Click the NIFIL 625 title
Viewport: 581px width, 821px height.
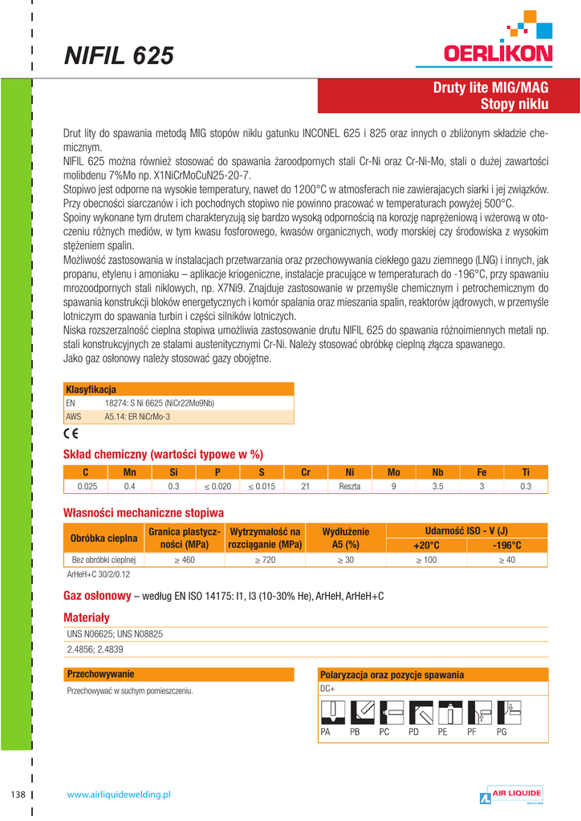coord(119,56)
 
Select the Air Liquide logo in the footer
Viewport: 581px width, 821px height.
coord(511,795)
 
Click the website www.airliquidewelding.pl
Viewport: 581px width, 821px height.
coord(120,795)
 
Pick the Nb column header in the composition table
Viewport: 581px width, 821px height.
coord(437,472)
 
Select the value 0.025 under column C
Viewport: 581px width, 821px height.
coord(87,487)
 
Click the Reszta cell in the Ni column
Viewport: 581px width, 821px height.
coord(350,487)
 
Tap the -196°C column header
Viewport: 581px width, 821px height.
coord(506,545)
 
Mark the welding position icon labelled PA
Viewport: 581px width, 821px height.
coord(331,711)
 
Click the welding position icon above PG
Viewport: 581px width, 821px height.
coord(508,711)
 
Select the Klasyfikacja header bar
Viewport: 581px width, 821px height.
coord(178,389)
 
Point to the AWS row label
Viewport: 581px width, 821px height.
coord(72,417)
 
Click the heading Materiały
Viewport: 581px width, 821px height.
coord(86,617)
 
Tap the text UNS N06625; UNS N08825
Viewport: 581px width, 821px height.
coord(116,633)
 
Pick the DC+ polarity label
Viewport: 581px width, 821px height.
coord(327,689)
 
